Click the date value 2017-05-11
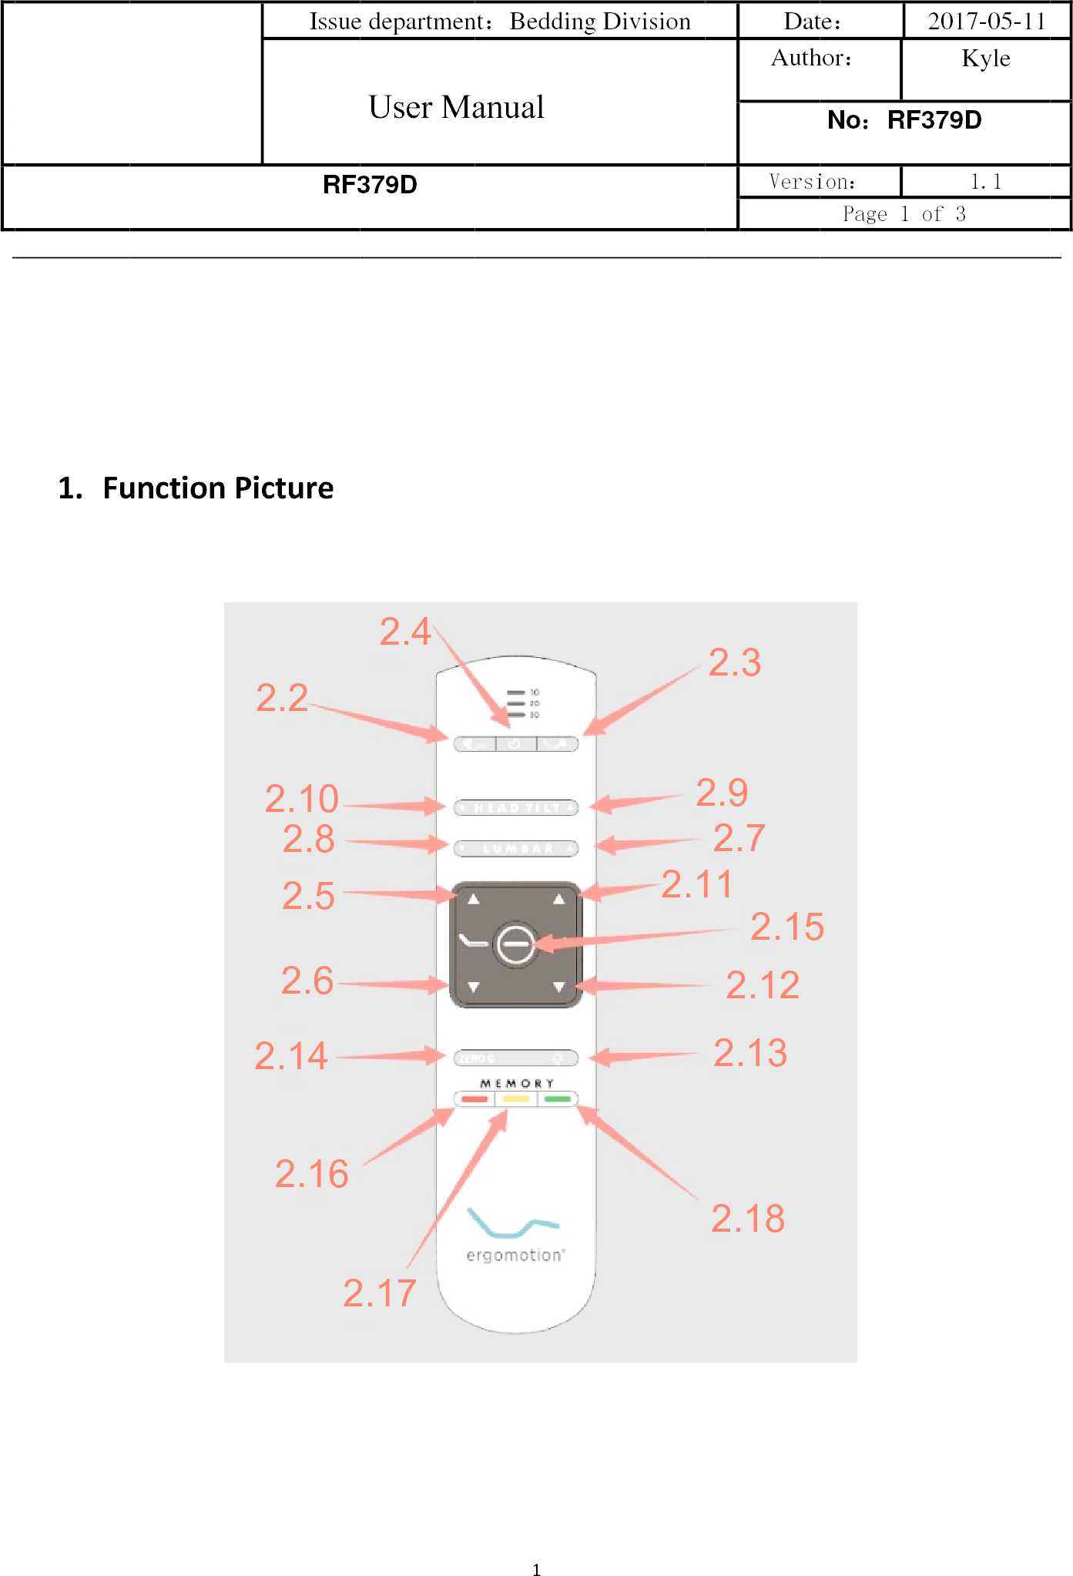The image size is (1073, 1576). point(986,21)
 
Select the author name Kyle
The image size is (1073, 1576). point(985,59)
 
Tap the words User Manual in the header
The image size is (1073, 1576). point(456,107)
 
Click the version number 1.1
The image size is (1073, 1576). point(985,182)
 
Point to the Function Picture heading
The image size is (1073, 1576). point(218,488)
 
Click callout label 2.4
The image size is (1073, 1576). point(404,632)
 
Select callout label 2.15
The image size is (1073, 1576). point(786,927)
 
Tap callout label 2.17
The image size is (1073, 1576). point(379,1293)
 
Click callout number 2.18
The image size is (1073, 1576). point(747,1219)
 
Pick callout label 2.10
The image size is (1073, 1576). point(301,799)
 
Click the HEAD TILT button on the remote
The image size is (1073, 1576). point(515,807)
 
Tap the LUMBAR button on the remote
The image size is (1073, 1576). point(515,848)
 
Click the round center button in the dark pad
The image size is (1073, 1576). point(515,944)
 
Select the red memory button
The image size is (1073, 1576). point(474,1099)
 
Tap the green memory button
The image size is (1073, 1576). point(557,1099)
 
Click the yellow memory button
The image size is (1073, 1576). point(515,1099)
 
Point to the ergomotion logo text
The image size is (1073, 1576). point(515,1255)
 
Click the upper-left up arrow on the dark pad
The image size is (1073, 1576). point(474,899)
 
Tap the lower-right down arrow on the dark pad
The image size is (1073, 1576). point(558,987)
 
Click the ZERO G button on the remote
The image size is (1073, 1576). point(478,1058)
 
